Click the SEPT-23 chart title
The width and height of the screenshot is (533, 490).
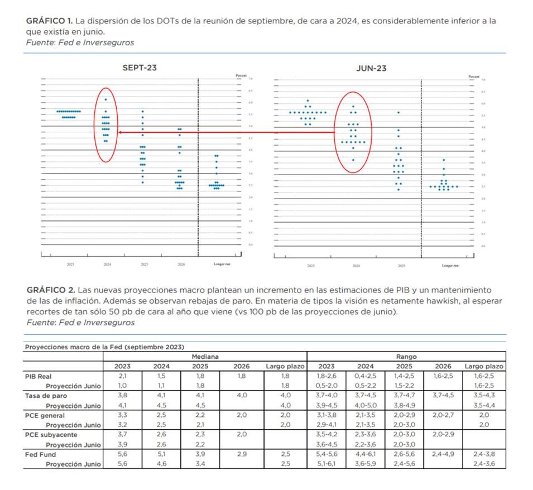coord(140,68)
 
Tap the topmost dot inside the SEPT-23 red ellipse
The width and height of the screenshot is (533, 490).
coord(105,99)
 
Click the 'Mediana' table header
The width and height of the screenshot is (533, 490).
coord(205,356)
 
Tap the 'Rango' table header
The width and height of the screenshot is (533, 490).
coord(406,356)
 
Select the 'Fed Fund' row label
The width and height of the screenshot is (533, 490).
coord(39,454)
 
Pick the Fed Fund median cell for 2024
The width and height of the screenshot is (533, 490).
coord(161,454)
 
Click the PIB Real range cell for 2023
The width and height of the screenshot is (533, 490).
coord(326,376)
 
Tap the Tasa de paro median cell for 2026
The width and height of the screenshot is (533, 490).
coord(242,396)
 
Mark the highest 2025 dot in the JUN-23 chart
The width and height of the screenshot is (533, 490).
coord(398,112)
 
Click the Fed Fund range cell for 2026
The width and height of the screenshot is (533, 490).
coord(443,454)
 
